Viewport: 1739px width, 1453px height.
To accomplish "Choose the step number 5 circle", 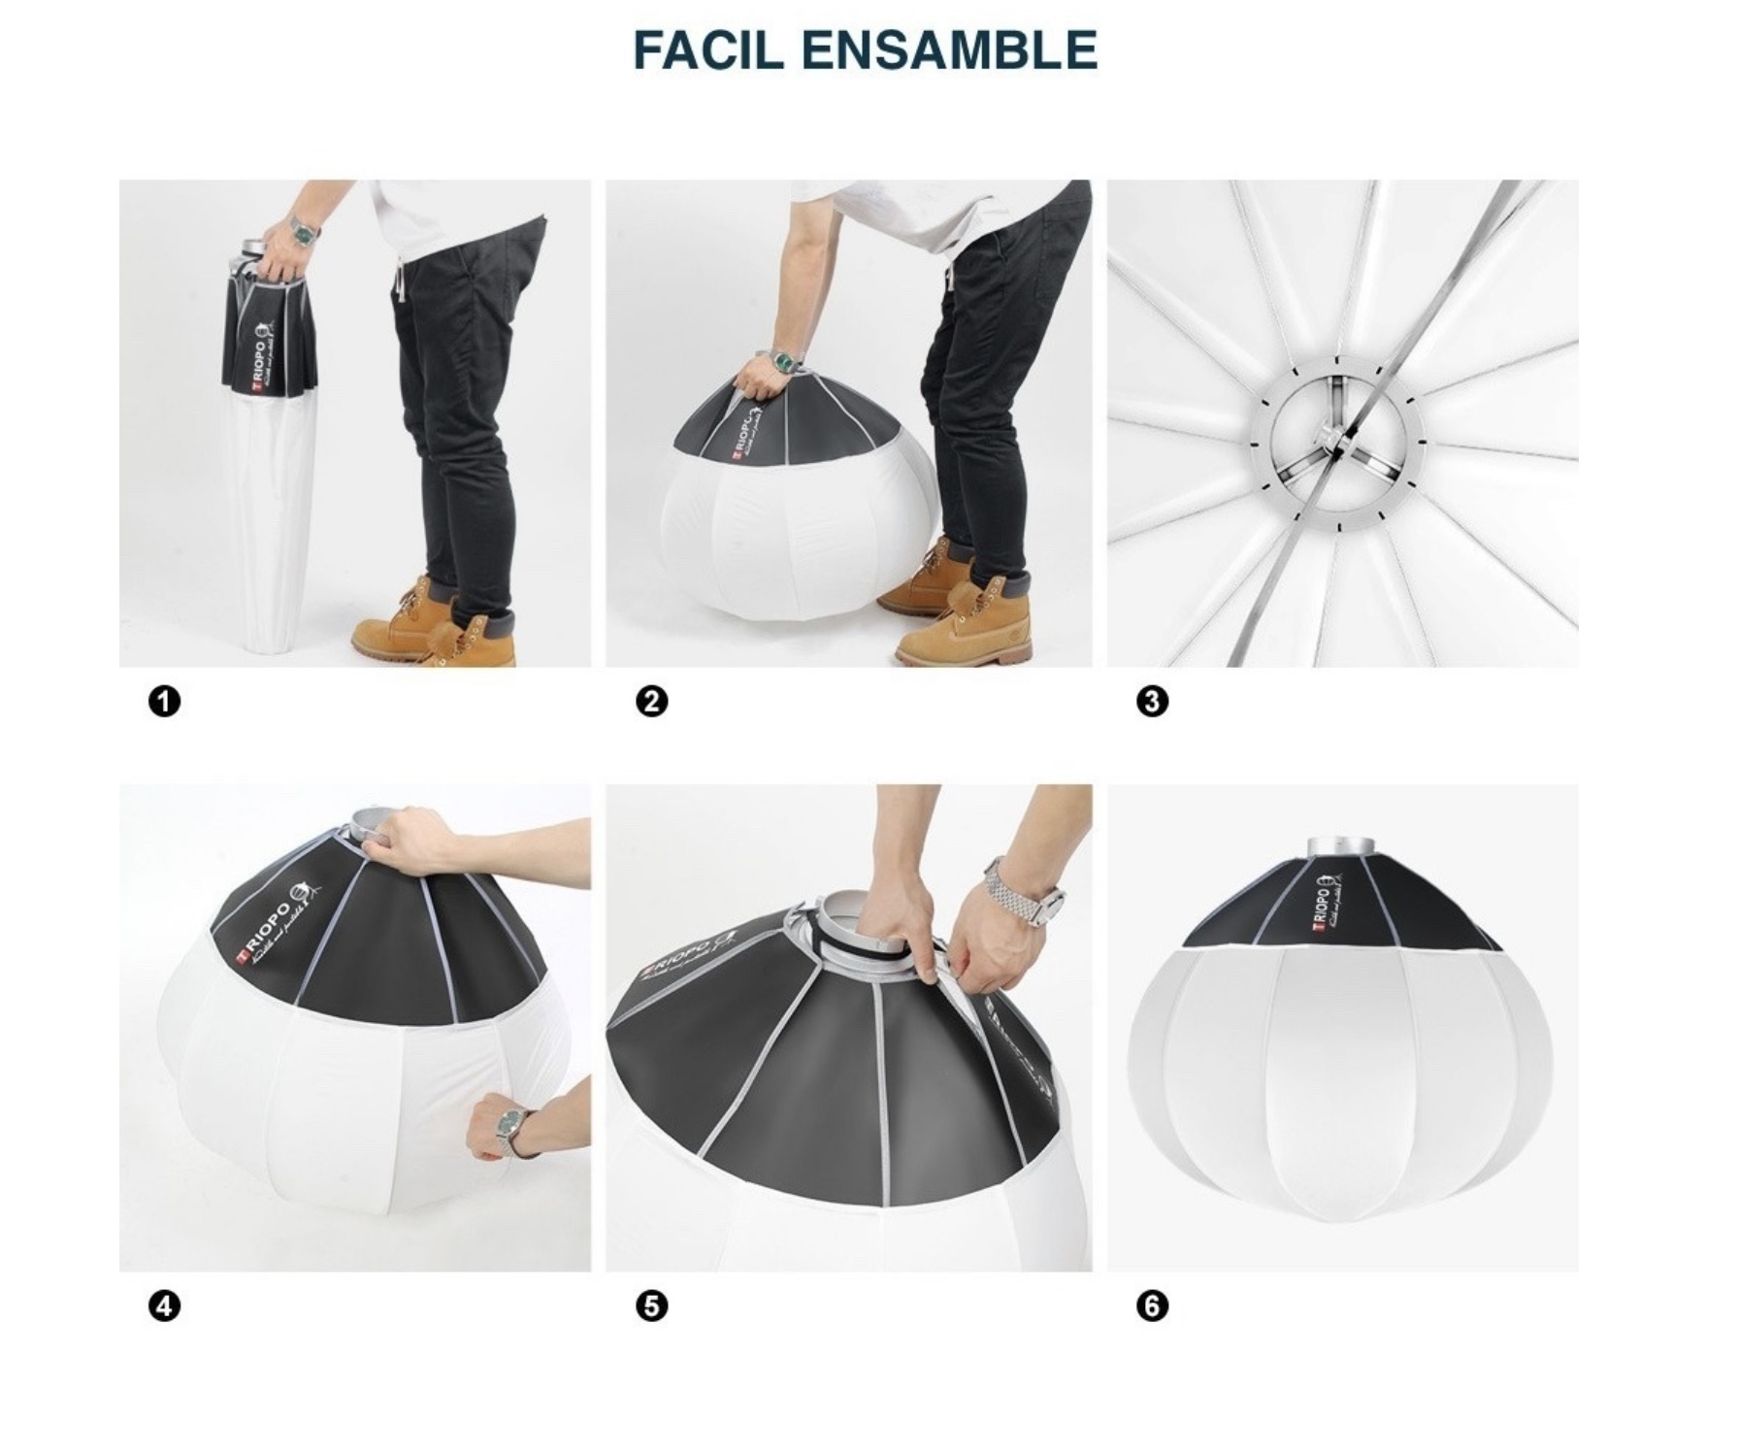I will pyautogui.click(x=652, y=1306).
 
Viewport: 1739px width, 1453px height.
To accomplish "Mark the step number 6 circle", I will pyautogui.click(x=1152, y=1306).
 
